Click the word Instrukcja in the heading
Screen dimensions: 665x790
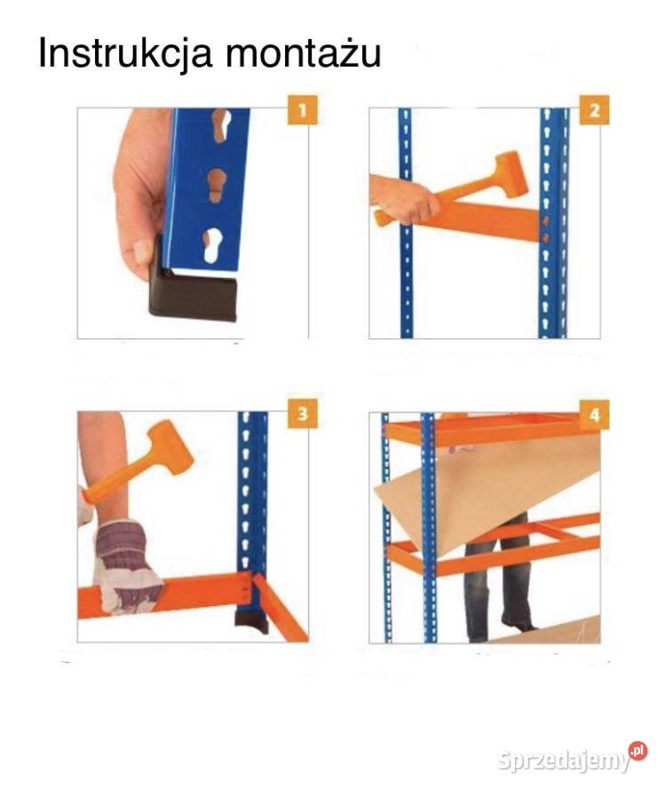click(x=125, y=53)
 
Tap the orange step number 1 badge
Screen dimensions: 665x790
click(x=302, y=109)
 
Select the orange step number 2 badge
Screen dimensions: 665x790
click(x=594, y=110)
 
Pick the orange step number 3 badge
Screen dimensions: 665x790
click(x=302, y=414)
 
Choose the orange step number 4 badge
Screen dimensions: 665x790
click(x=594, y=415)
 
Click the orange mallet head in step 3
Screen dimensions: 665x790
click(x=170, y=446)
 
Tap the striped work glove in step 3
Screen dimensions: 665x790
click(x=125, y=565)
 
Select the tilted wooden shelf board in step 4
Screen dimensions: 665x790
click(x=487, y=499)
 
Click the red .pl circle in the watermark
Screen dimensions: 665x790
click(x=637, y=751)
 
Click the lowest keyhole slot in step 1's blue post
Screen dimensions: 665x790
click(x=212, y=245)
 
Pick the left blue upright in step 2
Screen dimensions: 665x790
click(x=406, y=223)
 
